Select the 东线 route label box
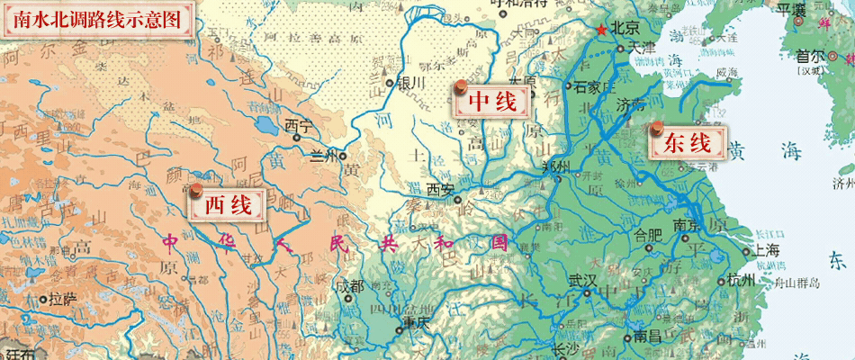tap(688, 142)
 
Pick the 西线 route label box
tap(228, 205)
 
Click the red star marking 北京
tap(601, 29)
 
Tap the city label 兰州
tap(321, 155)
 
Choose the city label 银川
tap(409, 83)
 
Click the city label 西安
tap(440, 189)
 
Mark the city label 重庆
tap(419, 322)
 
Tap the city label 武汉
tap(582, 280)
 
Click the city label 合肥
tap(648, 236)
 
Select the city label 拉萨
tap(62, 298)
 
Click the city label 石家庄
tap(593, 86)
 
